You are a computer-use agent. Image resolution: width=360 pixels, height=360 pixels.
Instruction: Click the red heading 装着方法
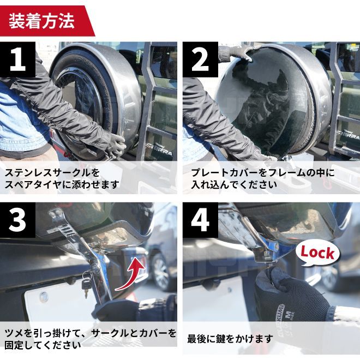(41, 21)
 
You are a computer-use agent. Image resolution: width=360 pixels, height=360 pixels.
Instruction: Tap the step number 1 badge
(17, 59)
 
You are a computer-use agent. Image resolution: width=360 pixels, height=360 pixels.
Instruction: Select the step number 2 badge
(200, 59)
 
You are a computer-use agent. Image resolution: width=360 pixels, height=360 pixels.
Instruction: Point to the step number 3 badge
(17, 220)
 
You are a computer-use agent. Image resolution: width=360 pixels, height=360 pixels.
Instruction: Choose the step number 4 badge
(200, 220)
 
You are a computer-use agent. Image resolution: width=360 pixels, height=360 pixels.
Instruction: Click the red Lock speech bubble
(317, 253)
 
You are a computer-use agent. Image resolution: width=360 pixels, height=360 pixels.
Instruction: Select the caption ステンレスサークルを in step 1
(52, 173)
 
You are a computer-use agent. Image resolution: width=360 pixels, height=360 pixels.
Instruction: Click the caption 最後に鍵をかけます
(230, 339)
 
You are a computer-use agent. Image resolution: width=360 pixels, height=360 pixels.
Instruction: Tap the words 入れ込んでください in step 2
(234, 184)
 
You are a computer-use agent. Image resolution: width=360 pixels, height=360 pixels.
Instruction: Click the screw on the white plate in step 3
(44, 297)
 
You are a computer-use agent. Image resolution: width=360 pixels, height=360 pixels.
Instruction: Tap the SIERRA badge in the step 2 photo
(350, 136)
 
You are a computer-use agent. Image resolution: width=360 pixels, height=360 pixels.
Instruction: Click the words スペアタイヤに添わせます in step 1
(62, 184)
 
